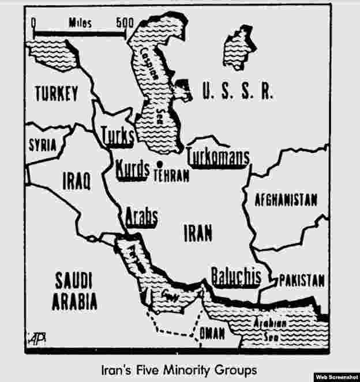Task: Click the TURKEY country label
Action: pyautogui.click(x=56, y=94)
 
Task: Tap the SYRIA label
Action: pyautogui.click(x=43, y=145)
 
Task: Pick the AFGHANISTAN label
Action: pyautogui.click(x=286, y=200)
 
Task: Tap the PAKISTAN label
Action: pyautogui.click(x=302, y=281)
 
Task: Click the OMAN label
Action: pyautogui.click(x=212, y=333)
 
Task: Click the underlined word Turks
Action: pyautogui.click(x=117, y=136)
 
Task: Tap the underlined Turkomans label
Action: pyautogui.click(x=218, y=157)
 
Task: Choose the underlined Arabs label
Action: pyautogui.click(x=141, y=218)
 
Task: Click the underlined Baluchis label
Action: pyautogui.click(x=235, y=276)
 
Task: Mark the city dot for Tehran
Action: pyautogui.click(x=157, y=167)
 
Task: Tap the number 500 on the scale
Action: pyautogui.click(x=124, y=24)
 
